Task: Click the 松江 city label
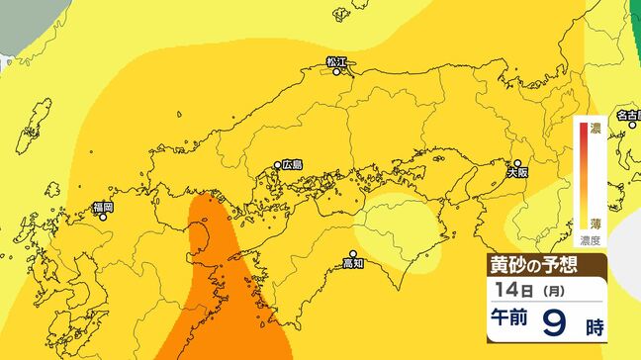pyautogui.click(x=337, y=61)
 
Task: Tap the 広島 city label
pyautogui.click(x=292, y=164)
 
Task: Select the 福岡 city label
pyautogui.click(x=103, y=208)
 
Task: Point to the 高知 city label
pyautogui.click(x=353, y=263)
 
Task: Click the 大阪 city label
pyautogui.click(x=518, y=172)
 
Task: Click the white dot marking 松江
pyautogui.click(x=337, y=71)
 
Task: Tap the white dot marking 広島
pyautogui.click(x=278, y=165)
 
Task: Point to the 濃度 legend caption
pyautogui.click(x=592, y=239)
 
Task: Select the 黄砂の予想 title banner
pyautogui.click(x=530, y=264)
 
